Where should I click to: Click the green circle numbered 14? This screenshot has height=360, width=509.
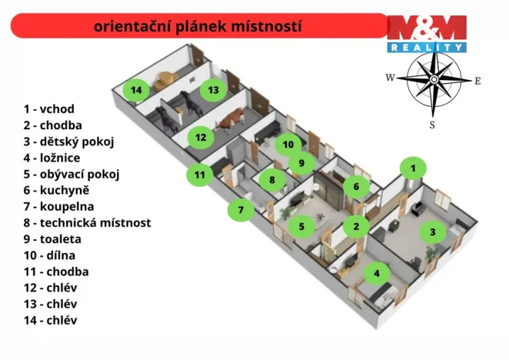pos(136,90)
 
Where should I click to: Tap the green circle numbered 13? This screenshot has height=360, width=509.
pos(213,90)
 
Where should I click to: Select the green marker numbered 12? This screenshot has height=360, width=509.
pos(201,138)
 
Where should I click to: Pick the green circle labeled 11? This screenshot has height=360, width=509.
pos(199,175)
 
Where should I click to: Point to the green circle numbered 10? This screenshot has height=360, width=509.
pos(288,144)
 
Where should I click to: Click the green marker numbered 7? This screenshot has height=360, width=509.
pos(240,209)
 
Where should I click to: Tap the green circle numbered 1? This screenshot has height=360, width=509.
pos(413,168)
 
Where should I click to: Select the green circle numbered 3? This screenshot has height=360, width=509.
pos(432,232)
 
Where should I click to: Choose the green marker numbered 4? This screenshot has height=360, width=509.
pos(376,273)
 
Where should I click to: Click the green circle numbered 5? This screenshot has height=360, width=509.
pos(301,226)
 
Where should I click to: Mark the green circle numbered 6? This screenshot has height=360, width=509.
pos(355,186)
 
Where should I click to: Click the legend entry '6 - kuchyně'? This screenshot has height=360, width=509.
pos(56,190)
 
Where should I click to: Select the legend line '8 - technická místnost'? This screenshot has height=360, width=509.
pos(86,223)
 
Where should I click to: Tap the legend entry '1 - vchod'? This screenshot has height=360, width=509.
pos(48,109)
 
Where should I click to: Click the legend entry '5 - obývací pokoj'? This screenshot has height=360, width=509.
pos(71,174)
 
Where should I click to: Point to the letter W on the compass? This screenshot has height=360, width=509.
pos(390,78)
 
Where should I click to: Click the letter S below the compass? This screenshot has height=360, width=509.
pos(432,124)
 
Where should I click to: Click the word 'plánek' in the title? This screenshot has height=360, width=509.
pos(215,26)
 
